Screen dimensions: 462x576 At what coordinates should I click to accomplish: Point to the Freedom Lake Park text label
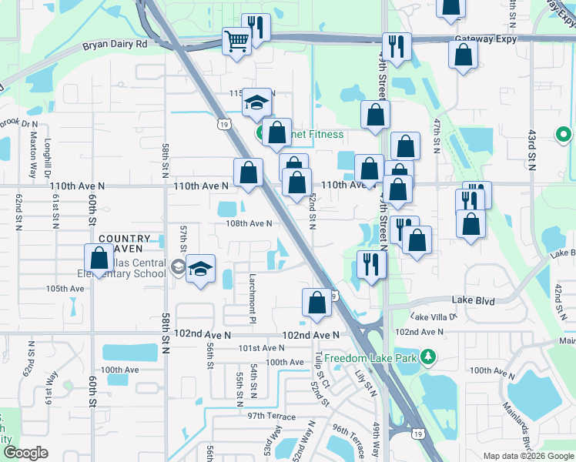tap(373, 359)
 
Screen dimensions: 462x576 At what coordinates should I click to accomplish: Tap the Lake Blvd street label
tap(474, 300)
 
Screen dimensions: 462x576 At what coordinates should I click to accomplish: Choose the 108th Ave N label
tap(249, 223)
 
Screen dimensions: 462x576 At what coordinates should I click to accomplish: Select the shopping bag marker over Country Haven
tap(99, 257)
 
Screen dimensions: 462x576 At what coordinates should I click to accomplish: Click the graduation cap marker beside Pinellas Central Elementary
tap(200, 269)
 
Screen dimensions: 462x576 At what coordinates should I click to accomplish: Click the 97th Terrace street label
tap(271, 416)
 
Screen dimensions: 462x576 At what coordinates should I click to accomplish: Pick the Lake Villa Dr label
tap(434, 316)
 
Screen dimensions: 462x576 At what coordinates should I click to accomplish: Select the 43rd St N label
tap(531, 149)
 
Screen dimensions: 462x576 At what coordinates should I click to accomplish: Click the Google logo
tap(26, 453)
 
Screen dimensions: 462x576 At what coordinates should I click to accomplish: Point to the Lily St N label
tap(371, 382)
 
